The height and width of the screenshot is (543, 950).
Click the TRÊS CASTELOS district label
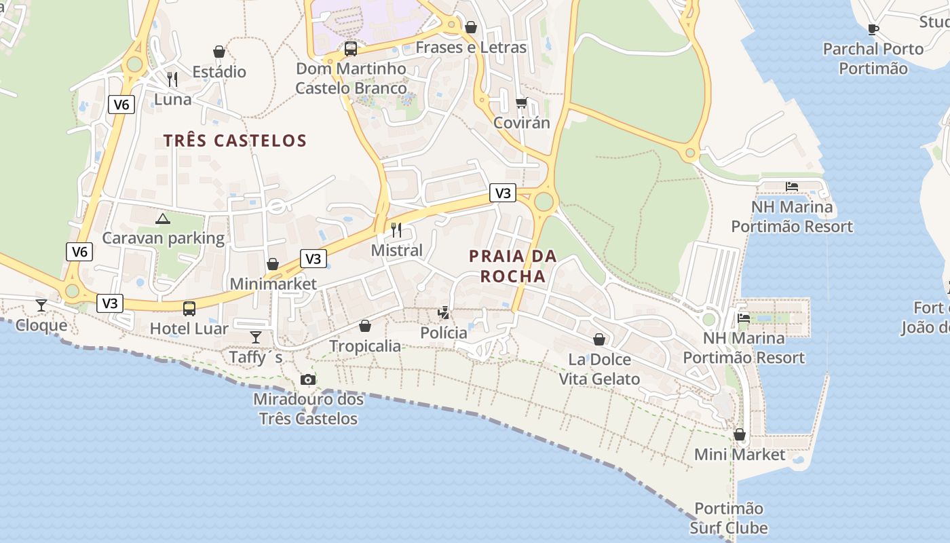[x=235, y=141]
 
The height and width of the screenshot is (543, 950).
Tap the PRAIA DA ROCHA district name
[x=512, y=266]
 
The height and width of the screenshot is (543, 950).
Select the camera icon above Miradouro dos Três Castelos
[x=308, y=379]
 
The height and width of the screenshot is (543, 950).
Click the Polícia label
[x=444, y=333]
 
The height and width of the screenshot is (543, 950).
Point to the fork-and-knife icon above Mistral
[x=396, y=230]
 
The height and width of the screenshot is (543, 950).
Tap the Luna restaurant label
[x=172, y=99]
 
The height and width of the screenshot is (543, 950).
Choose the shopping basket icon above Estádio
[x=219, y=52]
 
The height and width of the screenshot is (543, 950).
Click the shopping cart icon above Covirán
[x=521, y=103]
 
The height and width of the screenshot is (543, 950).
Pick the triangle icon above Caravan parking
[x=162, y=219]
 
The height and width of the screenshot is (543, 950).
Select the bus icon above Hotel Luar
[x=189, y=309]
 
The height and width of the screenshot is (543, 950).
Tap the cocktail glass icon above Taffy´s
[x=256, y=337]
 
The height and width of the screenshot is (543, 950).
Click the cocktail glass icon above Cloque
[x=41, y=305]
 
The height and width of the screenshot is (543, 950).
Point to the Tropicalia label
[x=365, y=346]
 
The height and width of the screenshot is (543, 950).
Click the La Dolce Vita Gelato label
[x=599, y=369]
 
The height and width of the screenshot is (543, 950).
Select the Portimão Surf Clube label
[x=729, y=518]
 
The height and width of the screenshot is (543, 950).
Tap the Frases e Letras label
[x=471, y=48]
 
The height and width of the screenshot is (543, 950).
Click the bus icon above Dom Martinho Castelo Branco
[x=351, y=49]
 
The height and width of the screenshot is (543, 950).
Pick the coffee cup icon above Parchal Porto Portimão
[x=873, y=29]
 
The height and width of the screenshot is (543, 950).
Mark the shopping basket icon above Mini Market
[x=740, y=434]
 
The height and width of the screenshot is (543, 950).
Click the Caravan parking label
[x=163, y=238]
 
